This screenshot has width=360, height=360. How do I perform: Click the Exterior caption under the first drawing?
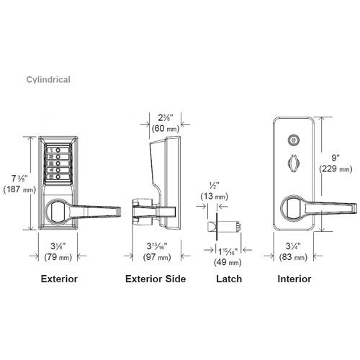59,278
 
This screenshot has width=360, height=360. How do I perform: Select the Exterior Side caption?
156,278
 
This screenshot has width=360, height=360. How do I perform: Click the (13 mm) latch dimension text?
215,196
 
